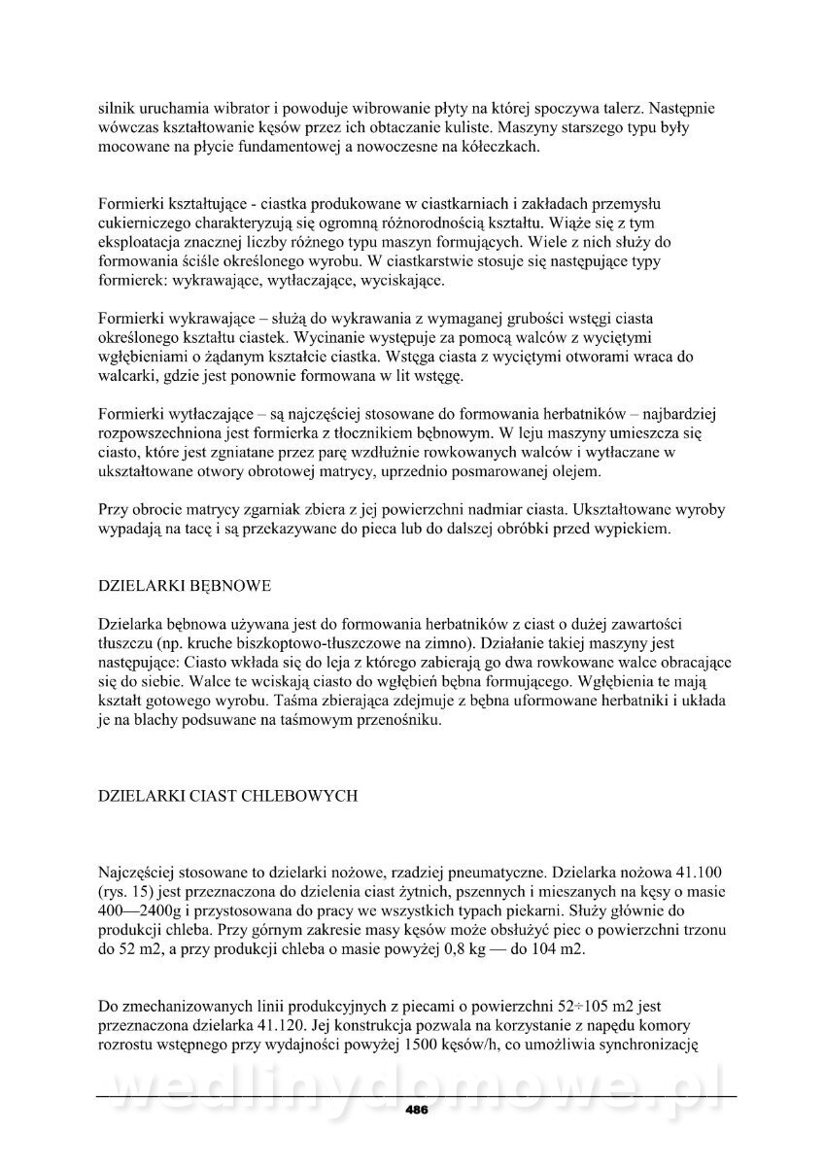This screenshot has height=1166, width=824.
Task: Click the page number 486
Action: (x=417, y=1111)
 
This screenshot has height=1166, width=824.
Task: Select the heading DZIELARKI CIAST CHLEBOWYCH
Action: (x=229, y=796)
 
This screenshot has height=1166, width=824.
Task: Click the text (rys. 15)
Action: (x=131, y=891)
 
